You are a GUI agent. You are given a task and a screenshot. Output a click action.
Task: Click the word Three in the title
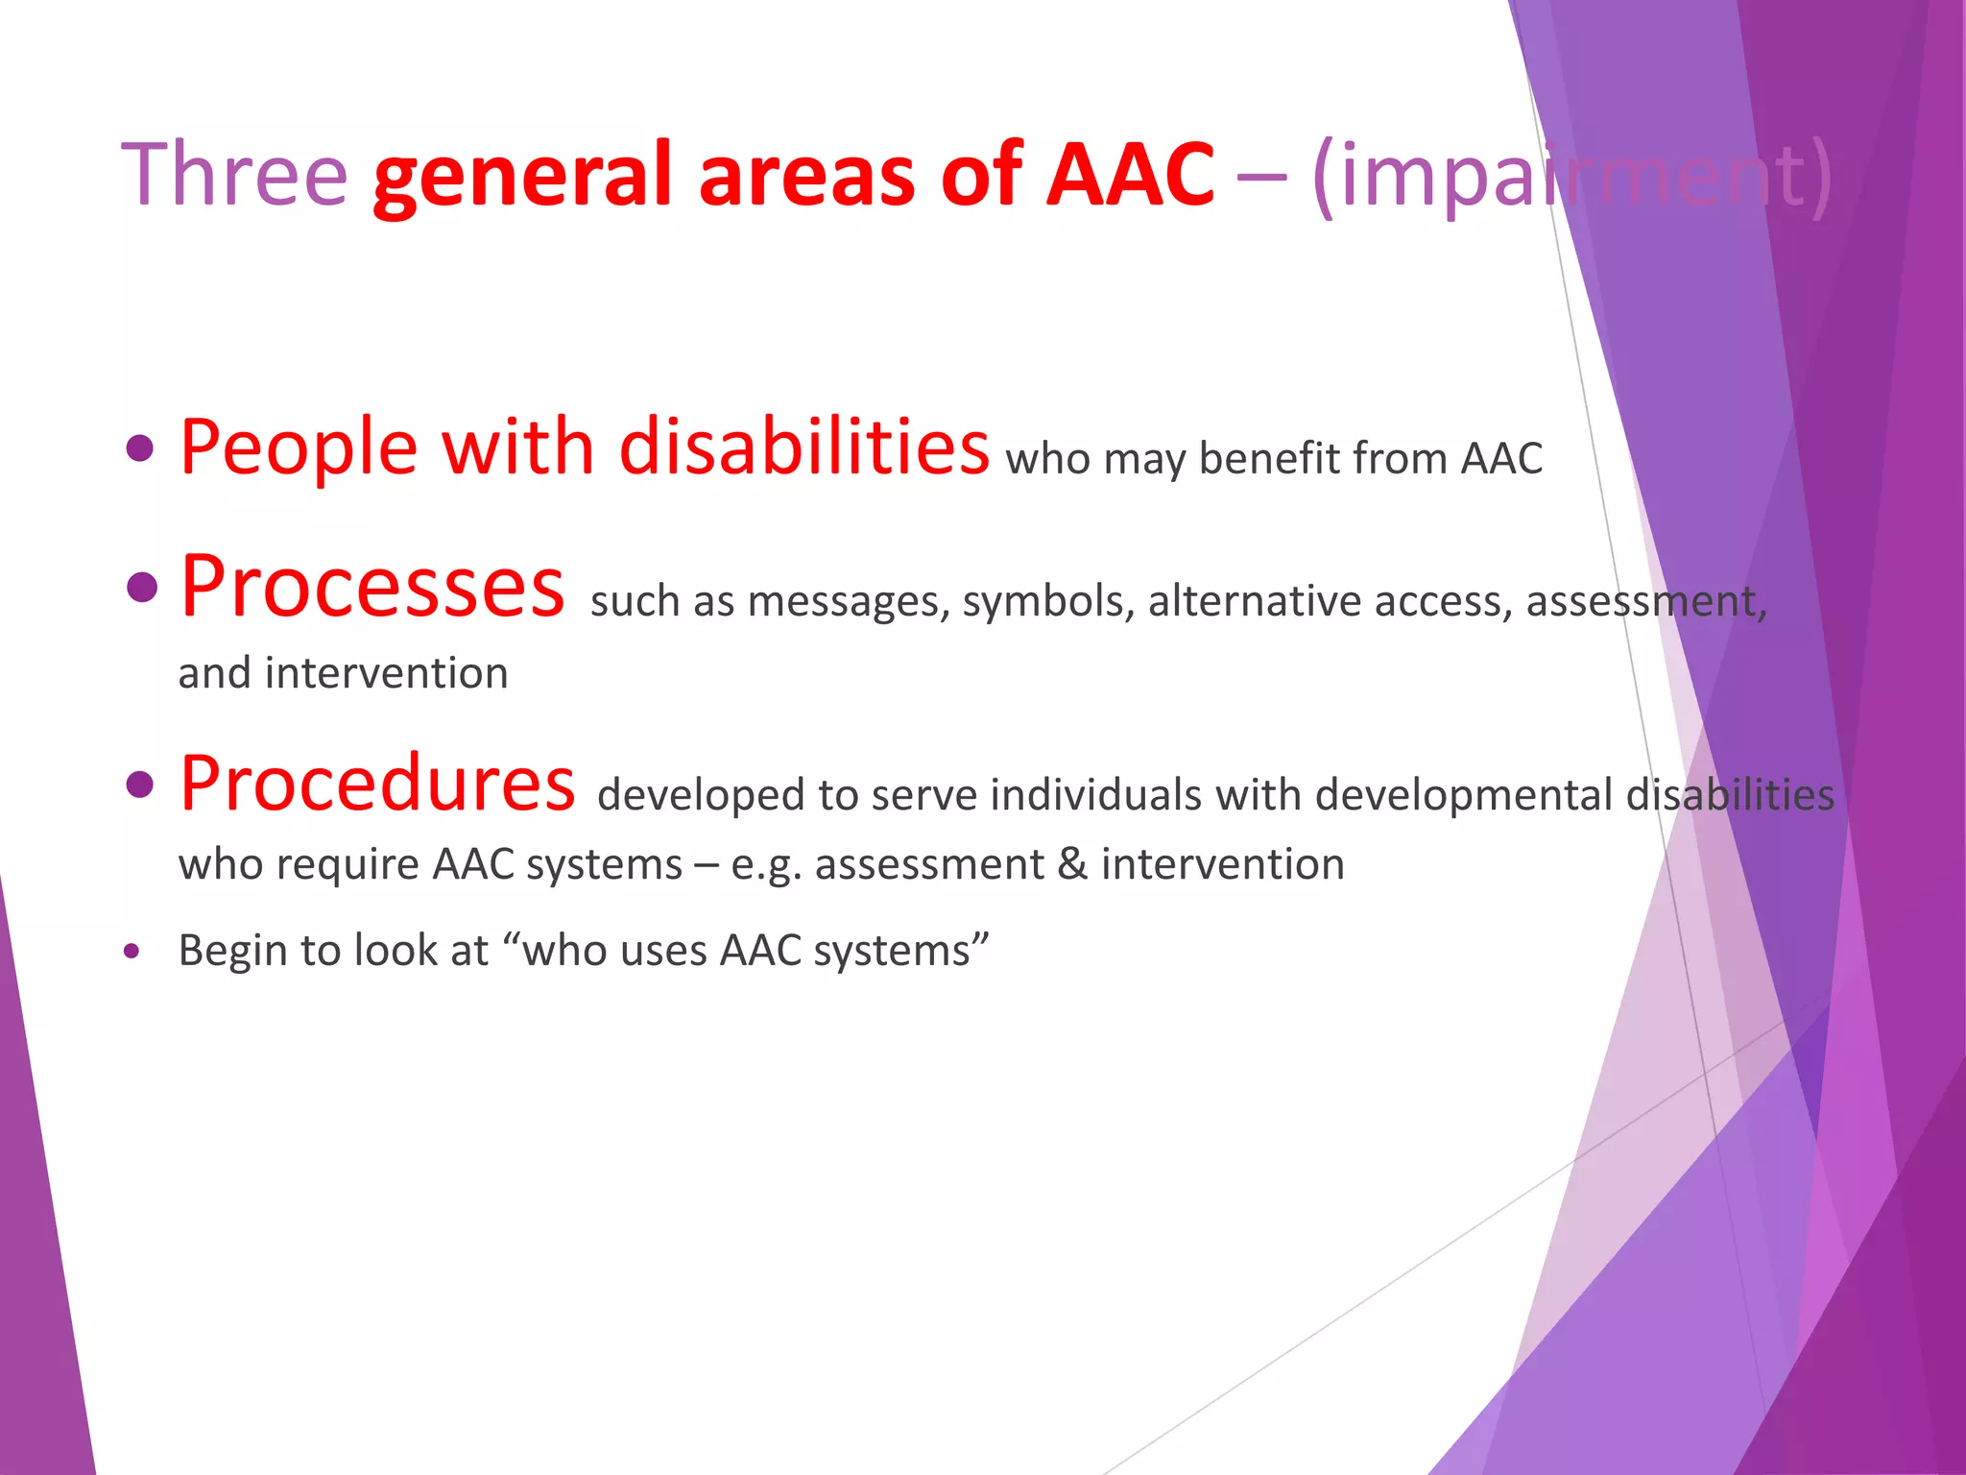233,175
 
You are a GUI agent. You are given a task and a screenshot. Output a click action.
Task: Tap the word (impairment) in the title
1571,177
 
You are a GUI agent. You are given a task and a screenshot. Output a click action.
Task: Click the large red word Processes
372,587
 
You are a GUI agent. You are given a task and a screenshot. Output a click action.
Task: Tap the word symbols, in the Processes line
1048,602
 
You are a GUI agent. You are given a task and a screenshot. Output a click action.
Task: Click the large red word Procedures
377,784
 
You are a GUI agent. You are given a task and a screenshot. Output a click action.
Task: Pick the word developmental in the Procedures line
1463,795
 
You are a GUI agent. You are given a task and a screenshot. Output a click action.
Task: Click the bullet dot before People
140,448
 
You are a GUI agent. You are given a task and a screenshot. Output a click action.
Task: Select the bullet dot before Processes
140,587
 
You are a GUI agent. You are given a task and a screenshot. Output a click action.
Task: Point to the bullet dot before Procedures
140,784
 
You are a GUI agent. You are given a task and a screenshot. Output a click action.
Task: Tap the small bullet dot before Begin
132,952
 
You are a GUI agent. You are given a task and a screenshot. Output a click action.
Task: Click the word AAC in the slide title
1130,175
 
